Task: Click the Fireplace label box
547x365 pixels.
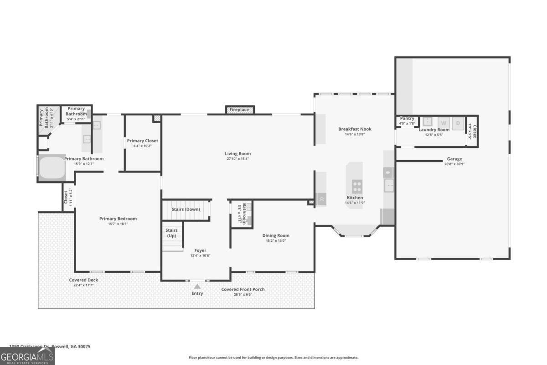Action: point(239,110)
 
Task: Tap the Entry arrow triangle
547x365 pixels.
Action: point(197,287)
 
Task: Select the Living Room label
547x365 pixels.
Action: point(237,154)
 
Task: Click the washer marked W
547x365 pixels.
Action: point(444,122)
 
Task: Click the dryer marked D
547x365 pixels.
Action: point(457,122)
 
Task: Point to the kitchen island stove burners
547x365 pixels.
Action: point(357,186)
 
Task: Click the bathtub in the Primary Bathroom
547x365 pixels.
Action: point(52,169)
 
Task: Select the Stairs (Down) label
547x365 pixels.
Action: point(186,209)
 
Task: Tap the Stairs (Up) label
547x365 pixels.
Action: point(171,233)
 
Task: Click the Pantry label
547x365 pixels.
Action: point(407,119)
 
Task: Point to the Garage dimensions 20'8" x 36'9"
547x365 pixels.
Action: point(454,164)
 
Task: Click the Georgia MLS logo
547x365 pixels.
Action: point(27,356)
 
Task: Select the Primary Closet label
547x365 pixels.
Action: point(142,141)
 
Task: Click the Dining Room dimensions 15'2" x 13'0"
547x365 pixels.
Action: point(276,241)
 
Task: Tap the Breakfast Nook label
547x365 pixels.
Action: point(355,129)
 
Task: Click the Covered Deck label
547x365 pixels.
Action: point(83,280)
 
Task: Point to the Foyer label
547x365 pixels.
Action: point(200,250)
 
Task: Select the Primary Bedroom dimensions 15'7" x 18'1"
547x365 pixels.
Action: point(118,224)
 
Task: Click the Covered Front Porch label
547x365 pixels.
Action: point(243,289)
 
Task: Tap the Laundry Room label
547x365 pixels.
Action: point(434,130)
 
